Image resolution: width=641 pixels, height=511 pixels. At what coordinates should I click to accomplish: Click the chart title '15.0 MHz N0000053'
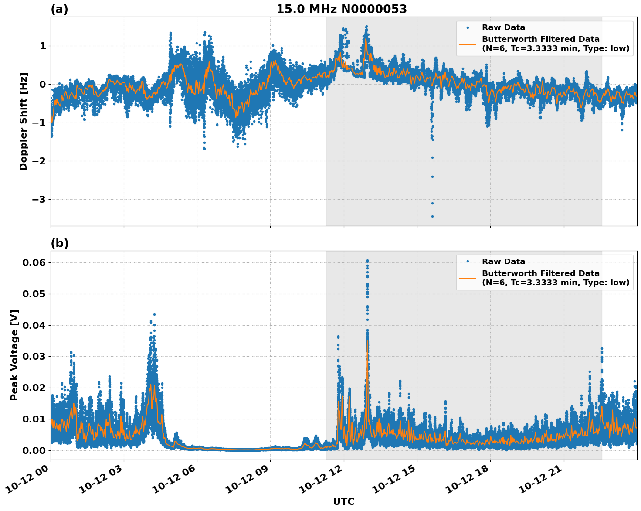pos(341,9)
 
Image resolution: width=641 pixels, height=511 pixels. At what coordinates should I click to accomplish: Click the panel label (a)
pos(59,9)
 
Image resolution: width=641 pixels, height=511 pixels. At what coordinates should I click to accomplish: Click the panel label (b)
pos(59,243)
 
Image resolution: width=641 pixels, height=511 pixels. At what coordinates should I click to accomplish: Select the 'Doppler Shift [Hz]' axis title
pos(24,121)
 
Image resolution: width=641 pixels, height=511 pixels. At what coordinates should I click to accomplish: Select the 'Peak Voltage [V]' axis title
pos(14,355)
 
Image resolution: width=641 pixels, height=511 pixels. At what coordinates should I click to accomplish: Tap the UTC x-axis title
pos(343,501)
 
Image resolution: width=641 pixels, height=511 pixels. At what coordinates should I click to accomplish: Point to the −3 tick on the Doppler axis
pos(38,200)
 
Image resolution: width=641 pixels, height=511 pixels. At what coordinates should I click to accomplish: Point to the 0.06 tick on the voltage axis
pos(34,262)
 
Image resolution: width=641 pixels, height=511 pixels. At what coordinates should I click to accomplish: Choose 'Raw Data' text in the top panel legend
pos(503,27)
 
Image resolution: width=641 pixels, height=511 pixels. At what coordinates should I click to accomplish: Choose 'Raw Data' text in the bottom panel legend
pos(503,262)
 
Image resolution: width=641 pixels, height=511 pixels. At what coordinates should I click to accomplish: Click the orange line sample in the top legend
pos(467,44)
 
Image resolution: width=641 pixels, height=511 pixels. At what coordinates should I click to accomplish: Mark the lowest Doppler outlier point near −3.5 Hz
pos(432,216)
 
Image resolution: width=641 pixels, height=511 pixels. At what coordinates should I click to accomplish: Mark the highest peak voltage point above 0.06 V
pos(367,261)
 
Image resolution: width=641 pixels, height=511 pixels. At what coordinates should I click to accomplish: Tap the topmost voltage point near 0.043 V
pos(154,314)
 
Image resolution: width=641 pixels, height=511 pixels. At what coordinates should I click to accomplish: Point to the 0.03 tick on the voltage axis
pos(34,357)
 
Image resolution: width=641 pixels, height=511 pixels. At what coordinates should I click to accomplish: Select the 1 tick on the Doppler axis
pos(43,46)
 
